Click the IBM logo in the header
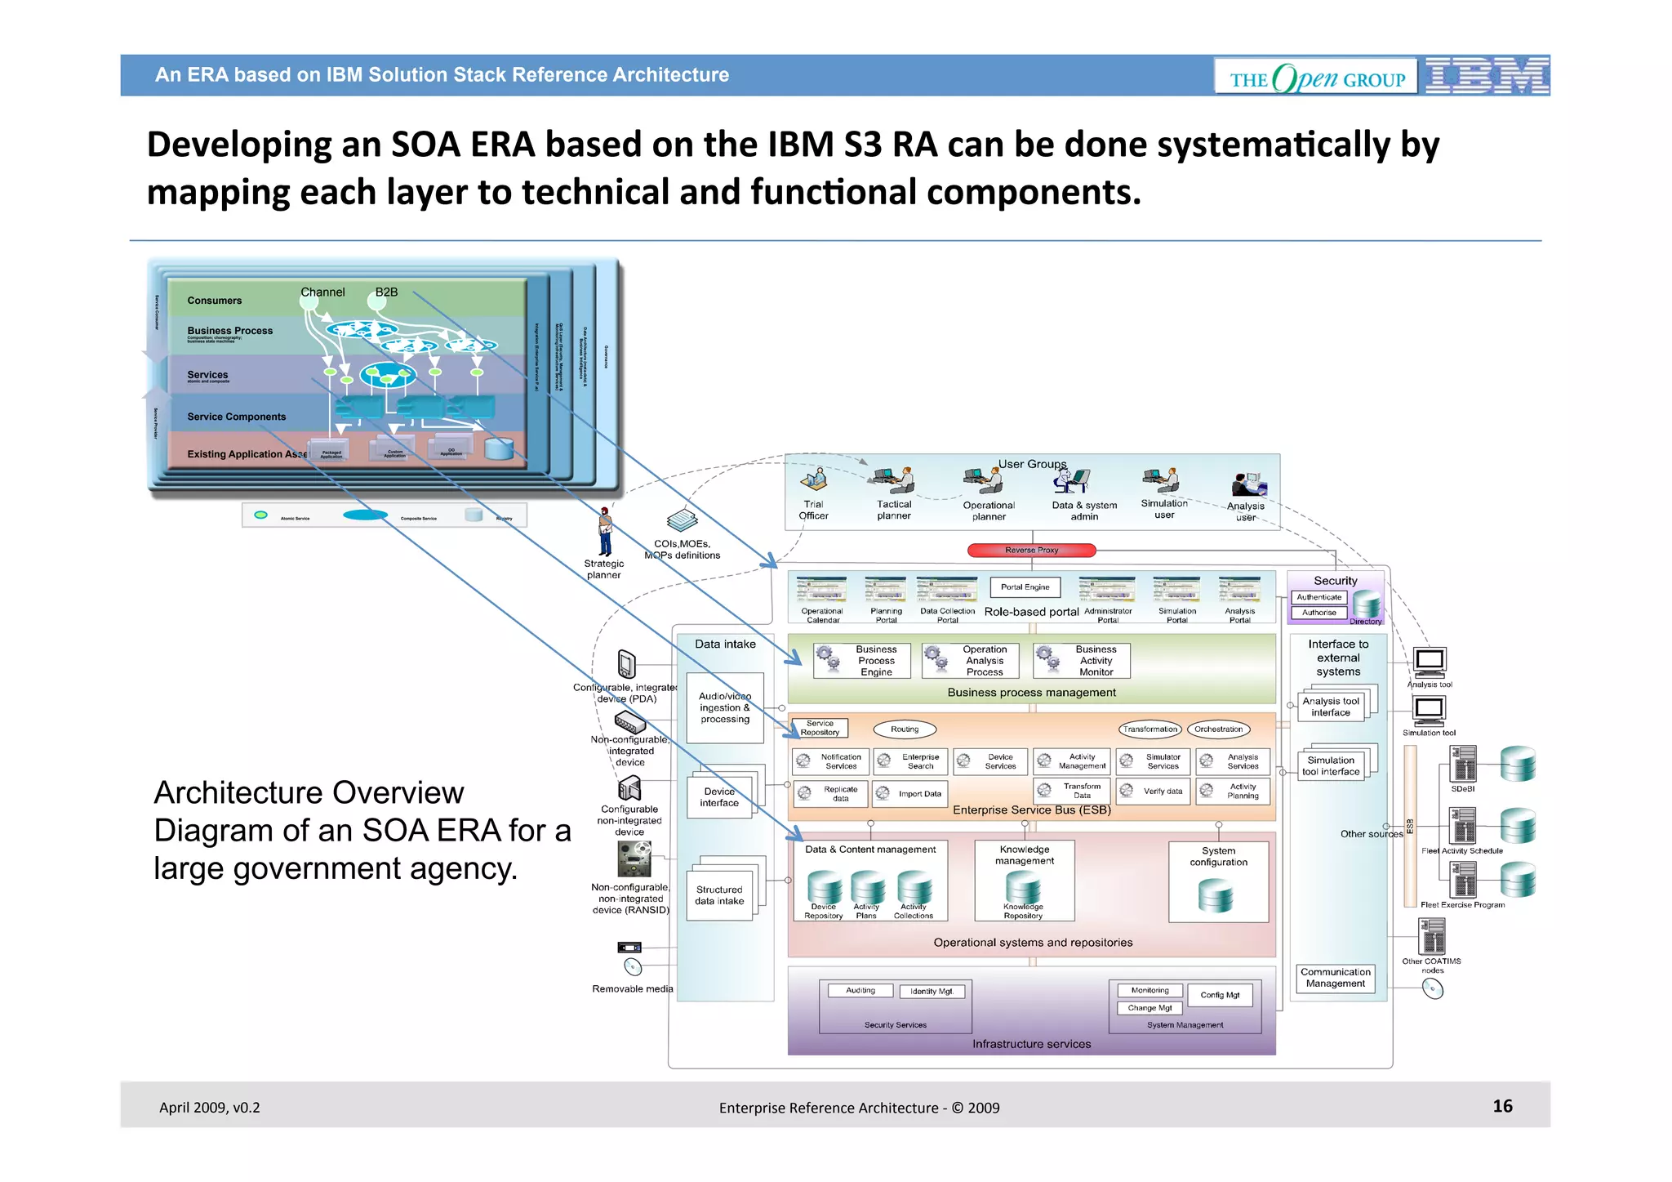[1487, 76]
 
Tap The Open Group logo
[1316, 78]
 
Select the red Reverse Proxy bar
[1031, 551]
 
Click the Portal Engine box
[1025, 587]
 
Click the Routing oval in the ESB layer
[905, 729]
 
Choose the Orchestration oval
[1218, 729]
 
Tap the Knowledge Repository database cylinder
[1023, 887]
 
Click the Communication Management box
[1336, 978]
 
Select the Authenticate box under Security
[1318, 597]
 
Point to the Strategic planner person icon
[605, 532]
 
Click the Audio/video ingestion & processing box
[725, 707]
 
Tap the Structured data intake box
[719, 895]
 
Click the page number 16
[1502, 1106]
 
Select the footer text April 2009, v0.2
[210, 1108]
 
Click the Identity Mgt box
[932, 992]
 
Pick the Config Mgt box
[1220, 995]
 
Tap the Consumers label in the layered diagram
[215, 301]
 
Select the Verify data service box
[1154, 792]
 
